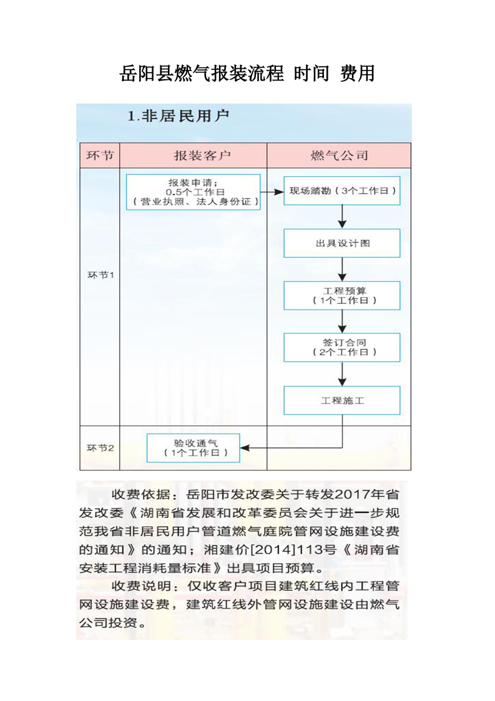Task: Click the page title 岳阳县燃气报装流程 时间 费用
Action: pyautogui.click(x=247, y=74)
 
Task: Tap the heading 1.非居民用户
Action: pyautogui.click(x=178, y=116)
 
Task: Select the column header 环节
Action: pyautogui.click(x=99, y=156)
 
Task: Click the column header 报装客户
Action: pyautogui.click(x=194, y=156)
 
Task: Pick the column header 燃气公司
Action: pyautogui.click(x=339, y=156)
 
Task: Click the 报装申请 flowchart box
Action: pyautogui.click(x=193, y=192)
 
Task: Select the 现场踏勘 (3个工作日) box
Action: pyautogui.click(x=341, y=191)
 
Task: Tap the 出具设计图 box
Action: pyautogui.click(x=341, y=243)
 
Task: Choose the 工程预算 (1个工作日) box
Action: pyautogui.click(x=341, y=296)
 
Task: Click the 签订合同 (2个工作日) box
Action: pyautogui.click(x=341, y=347)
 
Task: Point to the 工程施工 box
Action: pyautogui.click(x=341, y=400)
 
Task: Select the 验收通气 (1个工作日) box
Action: pyautogui.click(x=193, y=448)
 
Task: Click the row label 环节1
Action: pyautogui.click(x=99, y=275)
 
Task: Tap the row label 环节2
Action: pyautogui.click(x=99, y=448)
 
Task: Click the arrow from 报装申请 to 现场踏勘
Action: pyautogui.click(x=272, y=192)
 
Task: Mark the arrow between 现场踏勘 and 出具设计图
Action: pyautogui.click(x=342, y=217)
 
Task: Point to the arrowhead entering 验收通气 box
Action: pyautogui.click(x=245, y=448)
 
